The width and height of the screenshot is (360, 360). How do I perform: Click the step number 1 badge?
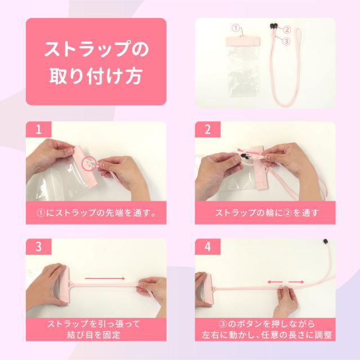pos(39,129)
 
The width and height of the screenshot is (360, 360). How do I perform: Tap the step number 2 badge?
pos(208,129)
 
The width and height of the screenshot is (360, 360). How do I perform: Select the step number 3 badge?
pos(39,247)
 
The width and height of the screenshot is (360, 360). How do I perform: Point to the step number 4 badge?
pos(208,247)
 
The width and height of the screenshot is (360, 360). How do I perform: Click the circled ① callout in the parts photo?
pos(236,28)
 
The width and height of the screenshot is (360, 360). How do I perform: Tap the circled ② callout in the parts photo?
pos(287,30)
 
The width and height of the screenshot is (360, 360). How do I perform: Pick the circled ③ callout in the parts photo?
pos(286,42)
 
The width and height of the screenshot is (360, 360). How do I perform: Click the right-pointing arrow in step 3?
pos(105,278)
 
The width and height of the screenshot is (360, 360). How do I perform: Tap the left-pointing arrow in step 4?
pos(275,282)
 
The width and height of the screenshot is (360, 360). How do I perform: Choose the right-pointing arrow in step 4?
pos(296,282)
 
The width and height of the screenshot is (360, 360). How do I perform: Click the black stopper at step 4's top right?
pos(325,241)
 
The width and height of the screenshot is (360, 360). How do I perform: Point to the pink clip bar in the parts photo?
pos(243,41)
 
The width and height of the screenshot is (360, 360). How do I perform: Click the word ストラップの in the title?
pos(96,49)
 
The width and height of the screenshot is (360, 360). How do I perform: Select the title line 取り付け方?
pos(96,76)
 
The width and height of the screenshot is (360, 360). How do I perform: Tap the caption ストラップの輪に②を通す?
pos(267,213)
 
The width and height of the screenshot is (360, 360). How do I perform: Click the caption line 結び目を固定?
pos(94,335)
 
